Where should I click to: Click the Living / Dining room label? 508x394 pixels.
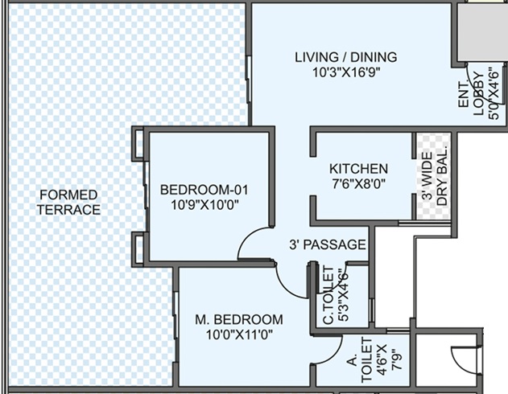coord(345,57)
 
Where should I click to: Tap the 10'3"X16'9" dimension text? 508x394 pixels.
coord(345,72)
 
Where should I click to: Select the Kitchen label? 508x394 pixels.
coord(358,169)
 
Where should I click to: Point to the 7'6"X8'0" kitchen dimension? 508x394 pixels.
coord(358,184)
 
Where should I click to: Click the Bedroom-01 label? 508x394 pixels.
coord(204,190)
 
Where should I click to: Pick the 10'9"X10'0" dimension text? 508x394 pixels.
coord(204,205)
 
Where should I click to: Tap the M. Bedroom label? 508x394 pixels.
coord(239,319)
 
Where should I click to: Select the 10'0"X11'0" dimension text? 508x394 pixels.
coord(239,334)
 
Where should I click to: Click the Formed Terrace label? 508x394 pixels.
coord(68,202)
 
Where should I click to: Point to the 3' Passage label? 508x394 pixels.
coord(328,244)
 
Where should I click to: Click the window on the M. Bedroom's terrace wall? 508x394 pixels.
coord(176,315)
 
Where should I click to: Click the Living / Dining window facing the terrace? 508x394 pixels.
coord(249,80)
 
